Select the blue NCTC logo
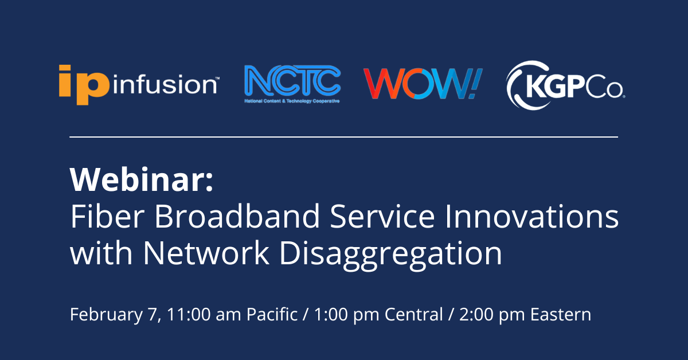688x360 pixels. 292,83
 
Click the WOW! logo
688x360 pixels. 423,83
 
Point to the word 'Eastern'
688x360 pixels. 561,315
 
